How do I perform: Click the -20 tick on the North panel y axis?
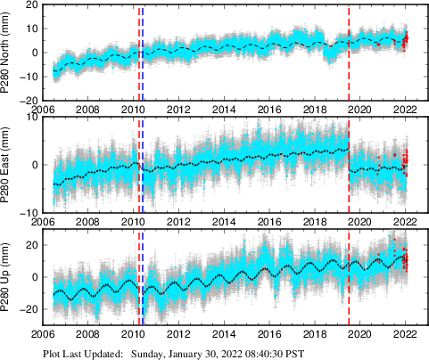pos(26,100)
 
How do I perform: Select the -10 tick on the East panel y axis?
pos(26,213)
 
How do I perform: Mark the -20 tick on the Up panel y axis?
pos(26,309)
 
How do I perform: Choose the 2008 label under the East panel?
pos(87,222)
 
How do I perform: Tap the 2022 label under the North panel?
pos(405,110)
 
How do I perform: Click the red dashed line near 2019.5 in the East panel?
pos(349,165)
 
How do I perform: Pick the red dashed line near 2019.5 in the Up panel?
pos(349,277)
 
